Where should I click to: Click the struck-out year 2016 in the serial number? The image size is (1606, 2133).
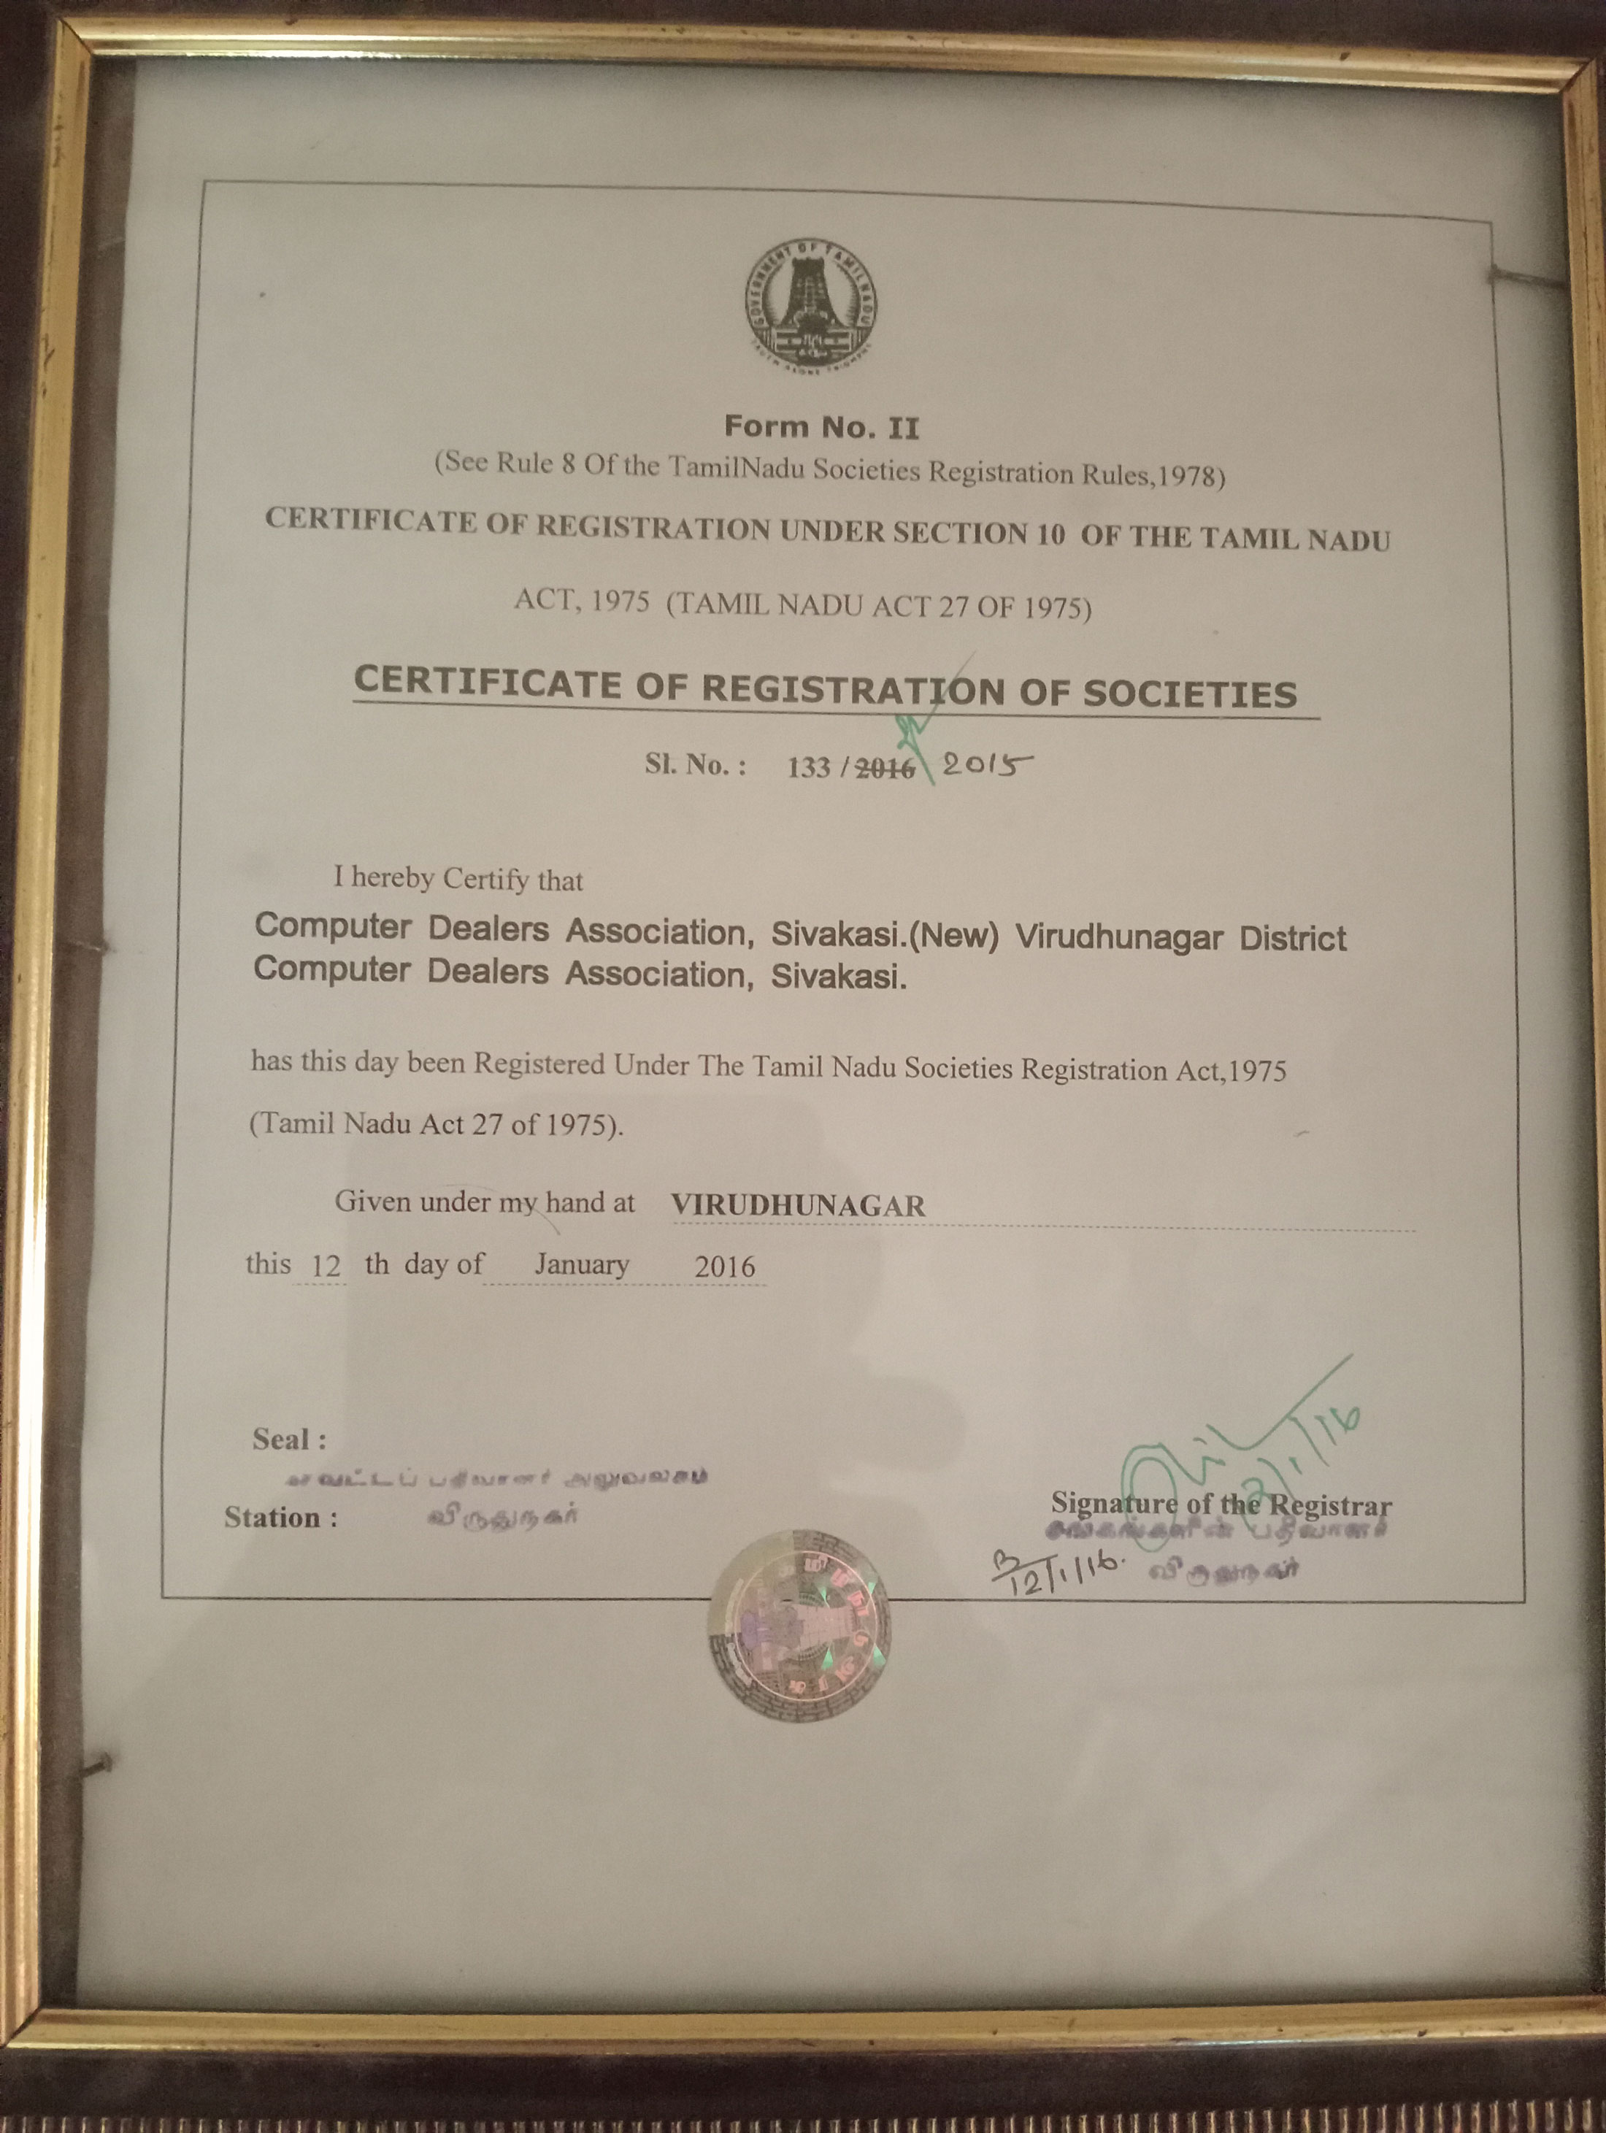[885, 767]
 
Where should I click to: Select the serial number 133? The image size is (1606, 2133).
[808, 766]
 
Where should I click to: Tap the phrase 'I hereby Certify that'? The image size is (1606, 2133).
[458, 878]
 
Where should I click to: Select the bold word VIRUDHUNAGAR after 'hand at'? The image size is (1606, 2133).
[798, 1205]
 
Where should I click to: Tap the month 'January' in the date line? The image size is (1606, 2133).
[582, 1264]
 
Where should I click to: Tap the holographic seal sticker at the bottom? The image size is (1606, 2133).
[799, 1626]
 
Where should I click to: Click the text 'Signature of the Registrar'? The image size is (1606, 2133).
[1220, 1504]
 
